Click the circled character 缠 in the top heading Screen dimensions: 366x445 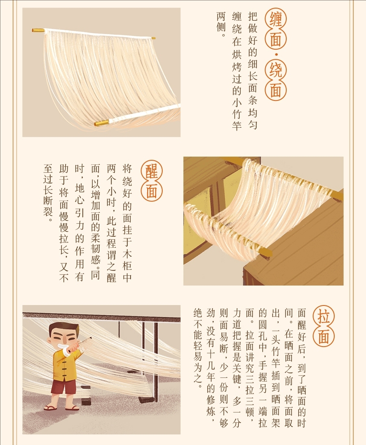(x=275, y=19)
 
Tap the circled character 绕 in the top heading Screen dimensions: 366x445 (x=275, y=70)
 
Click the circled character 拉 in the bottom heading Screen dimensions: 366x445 (x=324, y=316)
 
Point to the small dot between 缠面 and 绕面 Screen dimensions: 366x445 (x=276, y=54)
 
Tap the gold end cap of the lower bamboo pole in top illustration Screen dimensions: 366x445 (x=102, y=123)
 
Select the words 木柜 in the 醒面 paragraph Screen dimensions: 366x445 (x=127, y=260)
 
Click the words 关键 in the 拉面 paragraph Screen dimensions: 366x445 (x=237, y=373)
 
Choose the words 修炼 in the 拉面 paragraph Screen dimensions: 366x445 (x=211, y=406)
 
